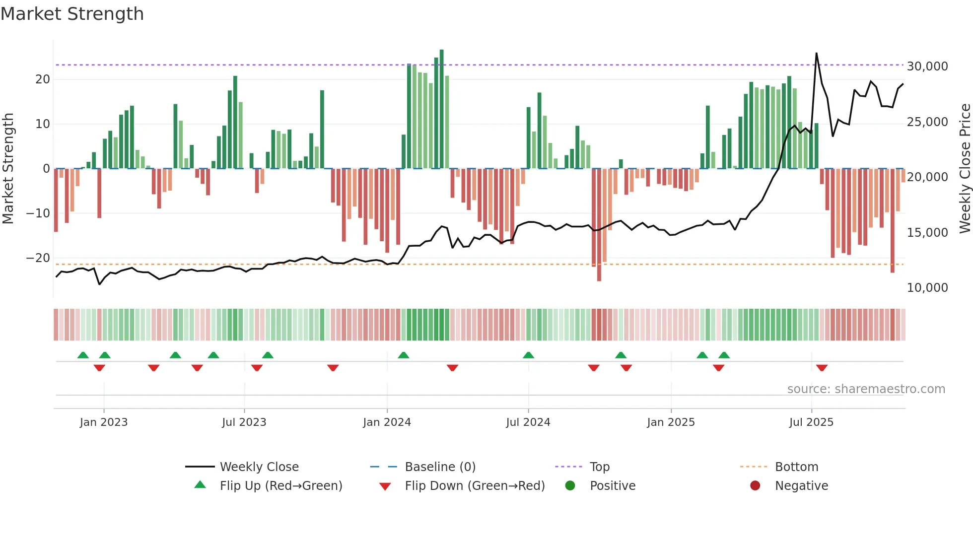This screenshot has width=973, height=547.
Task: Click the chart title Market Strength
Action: pos(72,14)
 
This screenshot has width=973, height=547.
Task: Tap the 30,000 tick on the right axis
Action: pos(927,67)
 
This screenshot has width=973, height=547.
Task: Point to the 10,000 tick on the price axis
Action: pos(927,288)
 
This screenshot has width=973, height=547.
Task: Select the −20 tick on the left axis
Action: pos(38,258)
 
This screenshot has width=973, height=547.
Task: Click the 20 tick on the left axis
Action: pos(43,79)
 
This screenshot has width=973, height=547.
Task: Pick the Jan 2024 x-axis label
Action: pos(387,422)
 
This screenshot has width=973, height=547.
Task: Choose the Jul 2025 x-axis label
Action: pos(811,422)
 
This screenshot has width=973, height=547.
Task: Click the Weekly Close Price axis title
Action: pos(965,168)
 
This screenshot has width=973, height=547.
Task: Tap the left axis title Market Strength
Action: pos(8,168)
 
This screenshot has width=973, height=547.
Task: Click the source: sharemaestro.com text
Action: pos(866,389)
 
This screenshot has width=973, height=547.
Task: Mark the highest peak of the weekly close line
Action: pos(816,53)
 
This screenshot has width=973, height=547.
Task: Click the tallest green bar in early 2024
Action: pos(441,109)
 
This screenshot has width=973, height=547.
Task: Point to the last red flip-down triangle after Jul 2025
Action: pos(822,368)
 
